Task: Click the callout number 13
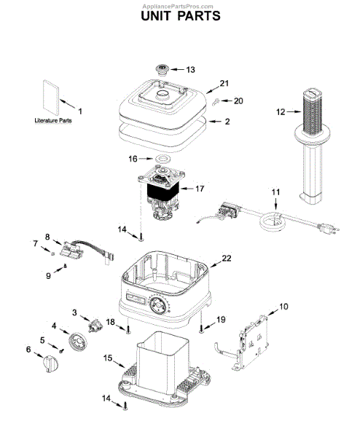[x=190, y=70]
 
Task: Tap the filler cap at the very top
[x=162, y=69]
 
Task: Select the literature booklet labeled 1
[x=51, y=98]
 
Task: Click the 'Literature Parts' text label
[x=53, y=120]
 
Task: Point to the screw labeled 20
[x=215, y=101]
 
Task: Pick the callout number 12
[x=281, y=112]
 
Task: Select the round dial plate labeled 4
[x=77, y=342]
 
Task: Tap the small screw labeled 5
[x=62, y=350]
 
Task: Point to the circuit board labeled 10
[x=251, y=343]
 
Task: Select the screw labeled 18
[x=128, y=329]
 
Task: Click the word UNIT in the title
[x=156, y=16]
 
